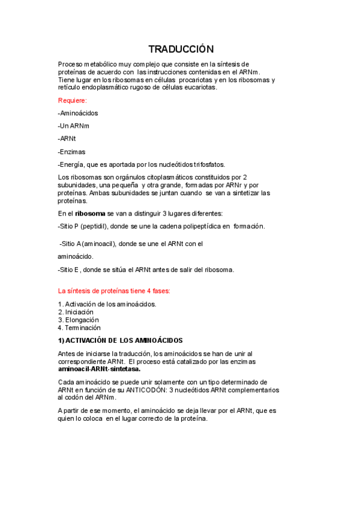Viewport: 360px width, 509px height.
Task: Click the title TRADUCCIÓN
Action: [x=181, y=49]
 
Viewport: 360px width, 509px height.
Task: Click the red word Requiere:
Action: [x=73, y=100]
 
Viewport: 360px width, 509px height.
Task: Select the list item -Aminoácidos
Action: [x=78, y=113]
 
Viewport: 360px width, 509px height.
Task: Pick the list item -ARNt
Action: [x=67, y=139]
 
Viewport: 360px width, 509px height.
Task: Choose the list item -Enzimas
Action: [x=71, y=151]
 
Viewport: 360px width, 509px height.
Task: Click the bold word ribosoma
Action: [x=90, y=213]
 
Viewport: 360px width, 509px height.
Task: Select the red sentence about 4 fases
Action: [x=114, y=291]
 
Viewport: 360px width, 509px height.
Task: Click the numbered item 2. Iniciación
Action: [x=76, y=312]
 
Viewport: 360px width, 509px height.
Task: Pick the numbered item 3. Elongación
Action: [x=78, y=320]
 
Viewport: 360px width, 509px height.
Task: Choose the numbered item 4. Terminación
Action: [x=79, y=328]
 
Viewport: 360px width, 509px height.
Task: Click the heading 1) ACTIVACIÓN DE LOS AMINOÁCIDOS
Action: [x=120, y=340]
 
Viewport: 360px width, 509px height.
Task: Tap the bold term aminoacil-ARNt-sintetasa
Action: [x=99, y=369]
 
